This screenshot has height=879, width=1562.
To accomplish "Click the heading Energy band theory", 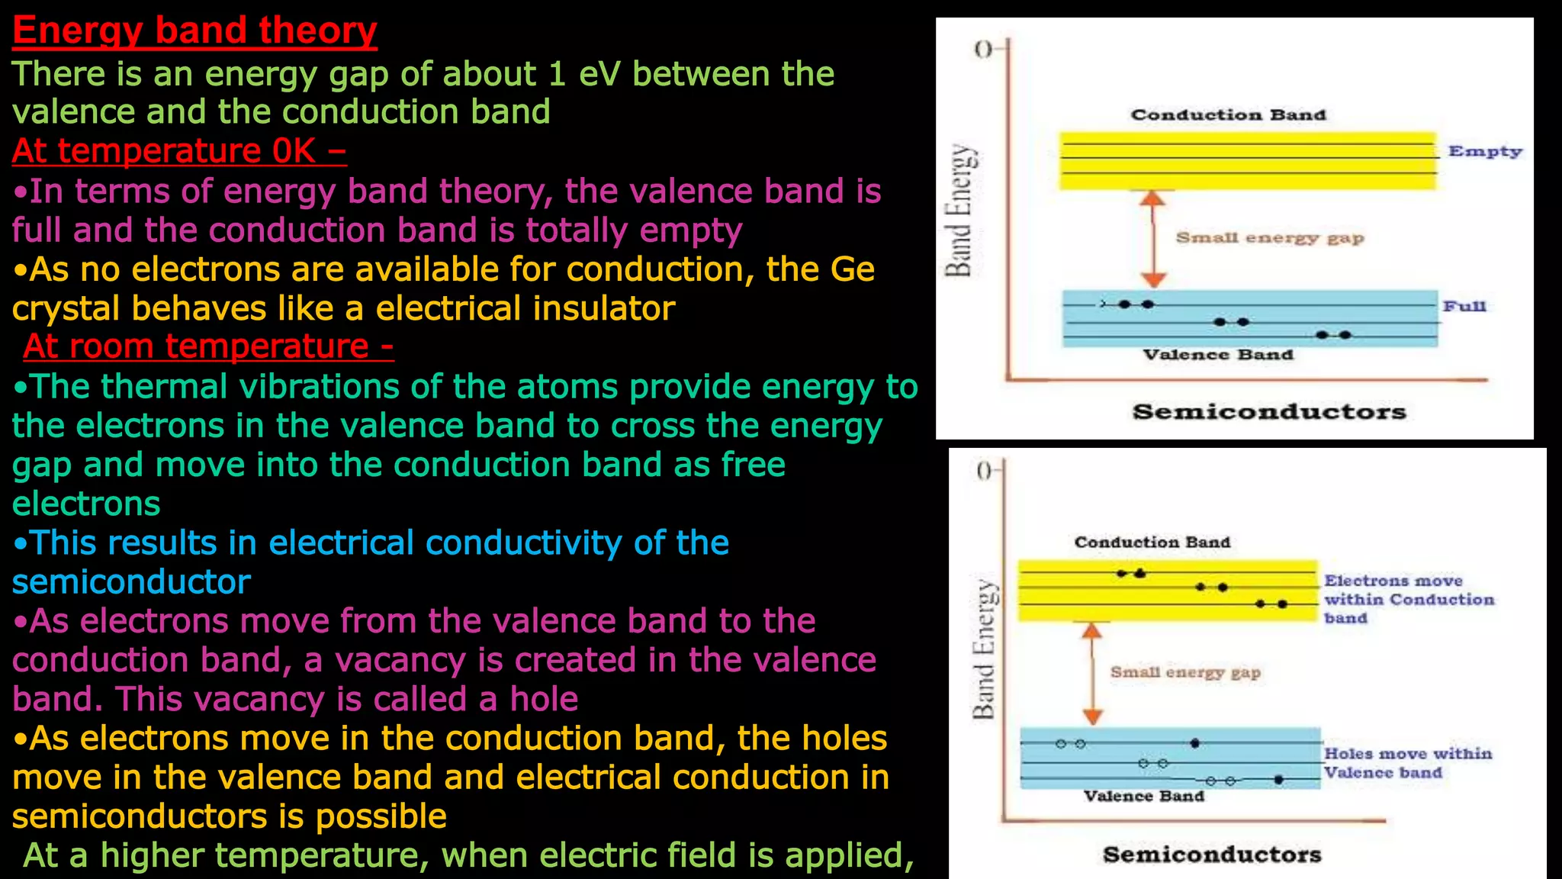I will pos(194,31).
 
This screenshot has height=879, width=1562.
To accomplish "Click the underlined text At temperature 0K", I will pos(178,150).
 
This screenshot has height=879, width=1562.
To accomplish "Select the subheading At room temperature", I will pos(207,346).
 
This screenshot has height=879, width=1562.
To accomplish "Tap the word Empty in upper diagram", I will pos(1484,151).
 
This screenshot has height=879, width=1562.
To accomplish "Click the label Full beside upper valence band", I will pos(1464,306).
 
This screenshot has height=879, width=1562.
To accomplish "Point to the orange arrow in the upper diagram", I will pos(1153,239).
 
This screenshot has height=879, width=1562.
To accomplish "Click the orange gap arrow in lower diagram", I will pos(1093,673).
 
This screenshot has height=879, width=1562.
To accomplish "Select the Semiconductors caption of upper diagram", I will pos(1268,412).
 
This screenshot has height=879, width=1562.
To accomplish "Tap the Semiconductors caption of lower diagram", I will pos(1211,855).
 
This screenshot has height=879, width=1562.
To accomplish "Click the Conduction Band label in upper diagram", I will pos(1228,114).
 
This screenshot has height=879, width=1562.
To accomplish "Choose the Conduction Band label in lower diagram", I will pos(1152,542).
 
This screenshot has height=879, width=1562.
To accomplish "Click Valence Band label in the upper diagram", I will pos(1217,355).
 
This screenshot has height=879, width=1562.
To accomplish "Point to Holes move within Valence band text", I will pos(1406,763).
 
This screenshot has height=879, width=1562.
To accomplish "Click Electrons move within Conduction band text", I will pos(1408,600).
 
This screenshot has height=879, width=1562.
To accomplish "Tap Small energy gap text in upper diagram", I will pos(1269,238).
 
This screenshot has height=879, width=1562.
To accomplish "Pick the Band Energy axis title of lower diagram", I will pos(984,649).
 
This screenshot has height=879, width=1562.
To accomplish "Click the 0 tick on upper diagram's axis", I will pos(984,50).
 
